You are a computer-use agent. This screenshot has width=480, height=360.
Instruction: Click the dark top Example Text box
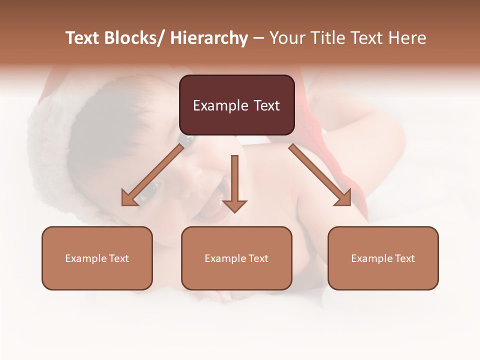[x=236, y=105]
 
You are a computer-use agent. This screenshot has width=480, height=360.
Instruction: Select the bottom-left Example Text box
[x=97, y=258]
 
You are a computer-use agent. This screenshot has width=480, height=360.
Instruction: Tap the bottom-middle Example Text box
[x=236, y=258]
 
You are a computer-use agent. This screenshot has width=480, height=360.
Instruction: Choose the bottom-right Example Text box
[x=383, y=258]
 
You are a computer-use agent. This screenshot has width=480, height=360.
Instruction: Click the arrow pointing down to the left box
[x=152, y=175]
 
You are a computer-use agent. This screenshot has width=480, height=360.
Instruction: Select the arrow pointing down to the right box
[x=320, y=175]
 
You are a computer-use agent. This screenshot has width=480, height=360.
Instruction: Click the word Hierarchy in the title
[x=209, y=38]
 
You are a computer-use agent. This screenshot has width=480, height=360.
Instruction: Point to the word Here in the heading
[x=408, y=38]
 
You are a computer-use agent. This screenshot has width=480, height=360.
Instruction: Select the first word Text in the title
[x=83, y=38]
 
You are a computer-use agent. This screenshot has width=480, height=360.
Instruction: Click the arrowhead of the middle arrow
[x=234, y=205]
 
